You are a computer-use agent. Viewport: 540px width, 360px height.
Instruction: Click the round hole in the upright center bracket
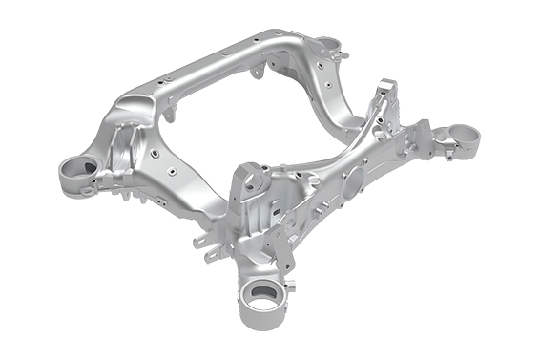click(250, 178)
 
